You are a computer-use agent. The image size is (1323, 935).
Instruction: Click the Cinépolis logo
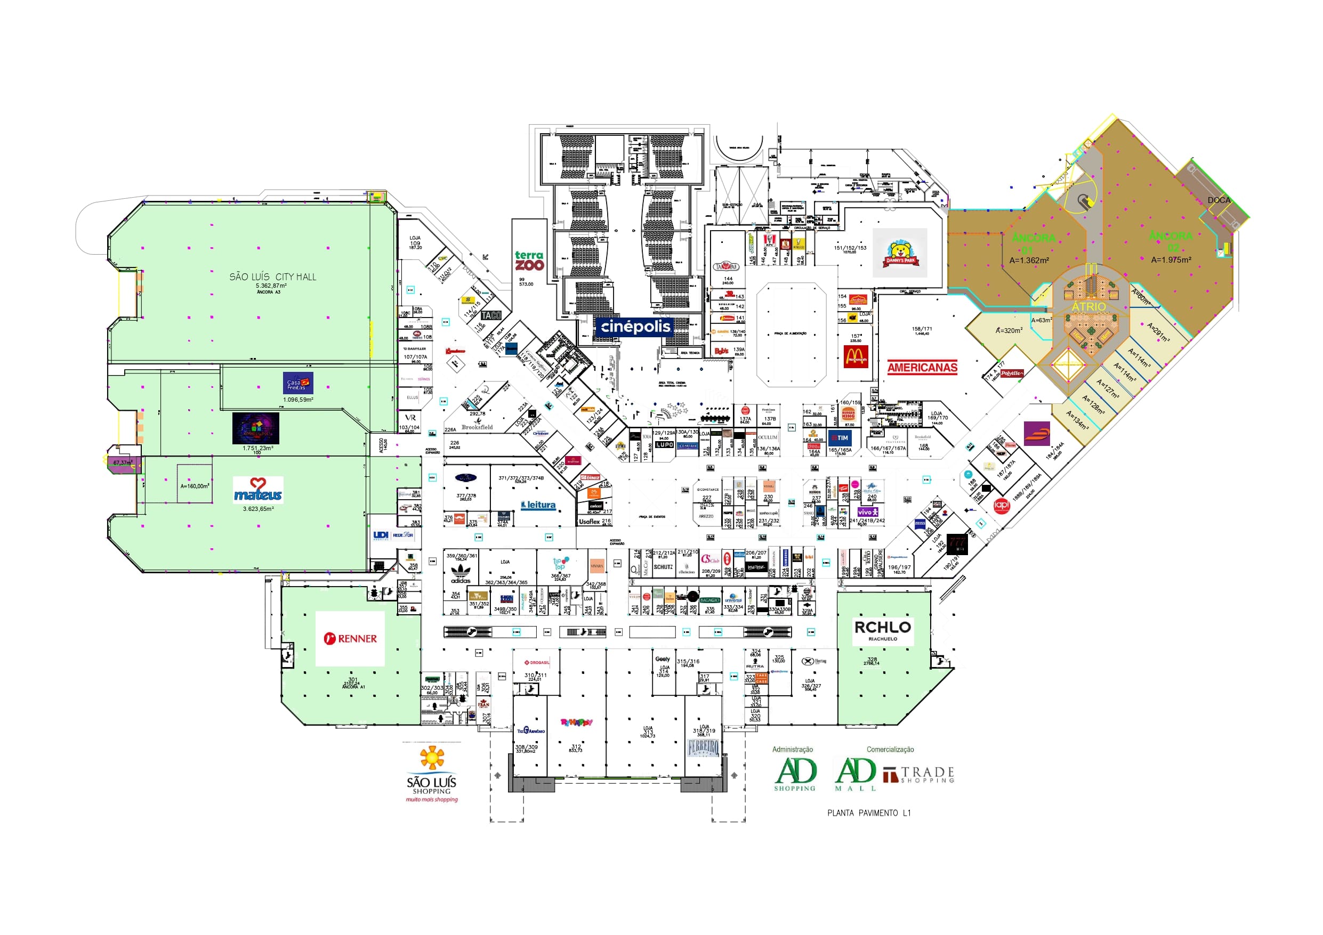tap(635, 327)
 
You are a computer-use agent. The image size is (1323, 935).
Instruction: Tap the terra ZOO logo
tap(529, 261)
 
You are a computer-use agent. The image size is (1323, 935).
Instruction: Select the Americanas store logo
tap(922, 368)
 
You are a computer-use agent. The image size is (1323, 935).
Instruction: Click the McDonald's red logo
tap(856, 357)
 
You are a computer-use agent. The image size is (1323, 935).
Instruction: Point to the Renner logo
tap(350, 638)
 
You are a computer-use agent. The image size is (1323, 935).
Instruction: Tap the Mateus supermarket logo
tap(258, 490)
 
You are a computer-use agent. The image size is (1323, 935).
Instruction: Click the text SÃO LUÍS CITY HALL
tap(272, 277)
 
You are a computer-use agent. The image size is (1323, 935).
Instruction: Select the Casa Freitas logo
tap(298, 383)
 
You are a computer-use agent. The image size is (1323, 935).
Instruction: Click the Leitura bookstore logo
tap(538, 505)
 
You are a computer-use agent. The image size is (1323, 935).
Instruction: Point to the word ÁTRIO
tap(1088, 306)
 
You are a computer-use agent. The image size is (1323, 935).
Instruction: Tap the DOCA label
tap(1218, 200)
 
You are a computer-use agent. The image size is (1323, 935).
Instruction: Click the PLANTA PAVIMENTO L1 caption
tap(869, 813)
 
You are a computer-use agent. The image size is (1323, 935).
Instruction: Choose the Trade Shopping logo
tap(919, 775)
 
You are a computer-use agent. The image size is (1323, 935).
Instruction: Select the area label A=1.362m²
tap(1029, 261)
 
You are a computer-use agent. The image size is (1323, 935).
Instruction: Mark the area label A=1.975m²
tap(1171, 260)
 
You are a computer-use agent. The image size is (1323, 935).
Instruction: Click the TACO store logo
tap(491, 316)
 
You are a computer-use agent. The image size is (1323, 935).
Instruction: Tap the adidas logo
tap(461, 574)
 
